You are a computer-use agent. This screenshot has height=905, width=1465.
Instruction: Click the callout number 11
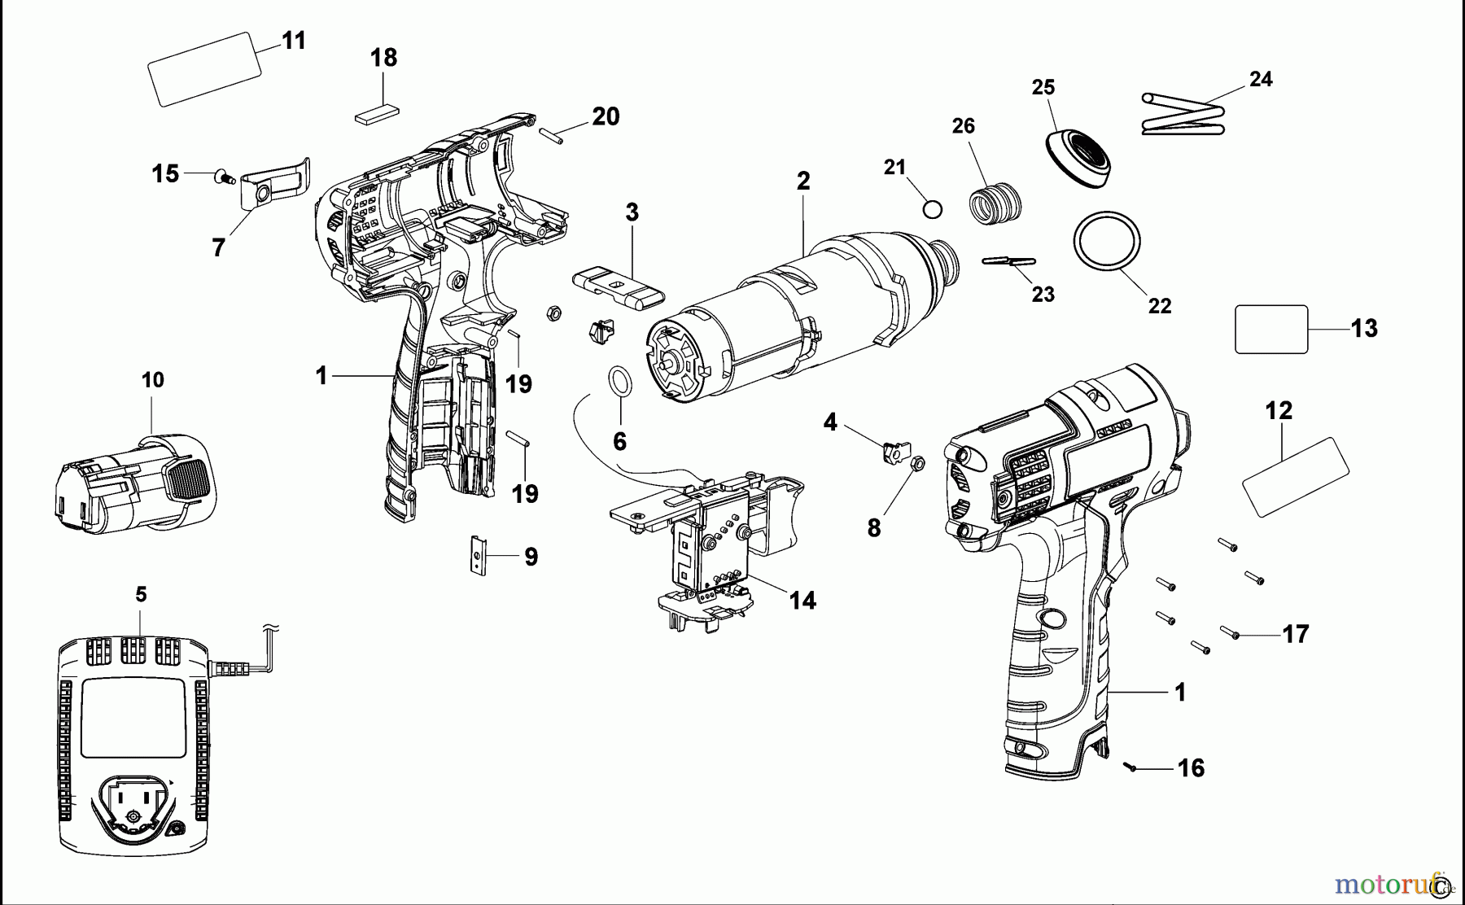[293, 41]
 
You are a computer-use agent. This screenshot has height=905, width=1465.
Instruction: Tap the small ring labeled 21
[933, 209]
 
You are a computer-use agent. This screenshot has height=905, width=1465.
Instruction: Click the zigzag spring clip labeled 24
[1184, 115]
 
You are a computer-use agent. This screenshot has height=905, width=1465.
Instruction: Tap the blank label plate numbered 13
[1271, 329]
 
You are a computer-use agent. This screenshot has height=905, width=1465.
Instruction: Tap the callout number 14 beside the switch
[802, 601]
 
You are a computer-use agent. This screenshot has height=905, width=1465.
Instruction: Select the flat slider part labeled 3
[619, 290]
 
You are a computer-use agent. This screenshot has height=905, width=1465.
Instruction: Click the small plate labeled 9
[478, 555]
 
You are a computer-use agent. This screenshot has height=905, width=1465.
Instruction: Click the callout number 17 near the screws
[1295, 633]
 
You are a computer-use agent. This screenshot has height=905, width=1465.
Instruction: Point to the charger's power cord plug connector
[230, 669]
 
